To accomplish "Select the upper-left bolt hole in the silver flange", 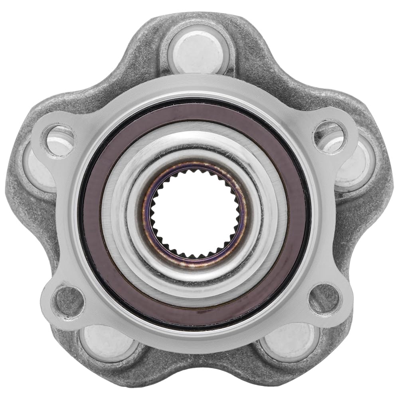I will click(x=58, y=139).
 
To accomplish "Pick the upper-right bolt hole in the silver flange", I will click(x=328, y=136).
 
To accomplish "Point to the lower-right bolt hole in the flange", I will click(x=324, y=299).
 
